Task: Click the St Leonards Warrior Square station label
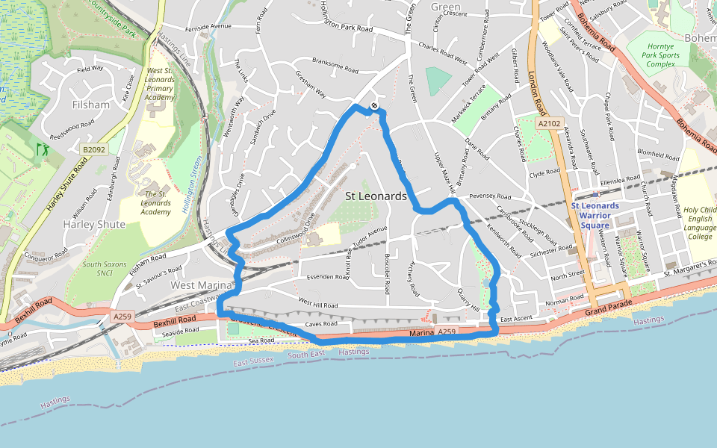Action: point(595,215)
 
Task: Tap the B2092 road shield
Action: point(94,150)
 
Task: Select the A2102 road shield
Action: point(548,122)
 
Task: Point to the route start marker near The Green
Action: point(374,106)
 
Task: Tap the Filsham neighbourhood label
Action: point(91,105)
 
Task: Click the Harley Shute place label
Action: point(94,224)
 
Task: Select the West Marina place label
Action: point(203,285)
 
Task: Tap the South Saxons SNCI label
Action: point(102,269)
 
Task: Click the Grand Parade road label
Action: point(608,308)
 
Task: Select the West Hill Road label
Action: point(318,305)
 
